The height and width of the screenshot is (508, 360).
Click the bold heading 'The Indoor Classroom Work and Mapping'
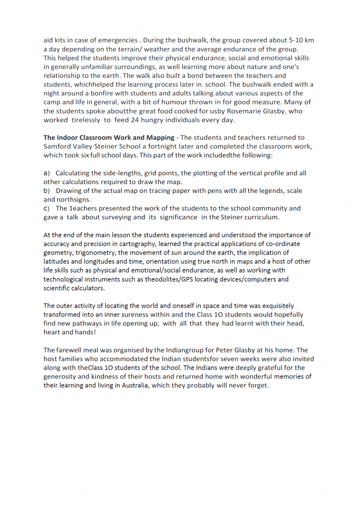point(108,137)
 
